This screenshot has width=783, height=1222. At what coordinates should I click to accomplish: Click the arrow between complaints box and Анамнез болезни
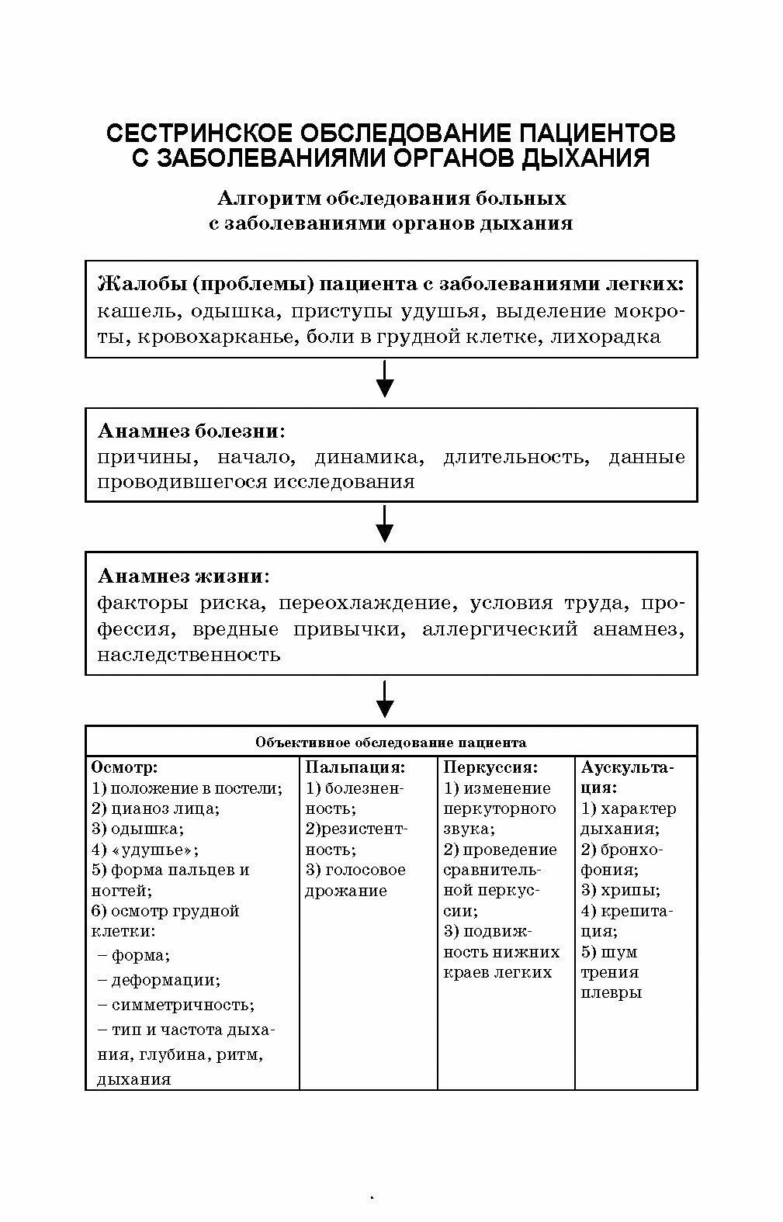click(384, 380)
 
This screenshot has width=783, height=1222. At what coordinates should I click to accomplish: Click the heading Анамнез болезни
click(190, 431)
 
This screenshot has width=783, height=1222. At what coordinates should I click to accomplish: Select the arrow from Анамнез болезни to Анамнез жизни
click(384, 525)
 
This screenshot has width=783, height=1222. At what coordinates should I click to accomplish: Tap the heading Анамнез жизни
click(182, 576)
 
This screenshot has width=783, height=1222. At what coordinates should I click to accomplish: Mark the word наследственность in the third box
click(189, 654)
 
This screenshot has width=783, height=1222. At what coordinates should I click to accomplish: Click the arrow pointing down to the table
click(384, 700)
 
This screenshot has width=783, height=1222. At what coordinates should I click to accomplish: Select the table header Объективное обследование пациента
click(391, 743)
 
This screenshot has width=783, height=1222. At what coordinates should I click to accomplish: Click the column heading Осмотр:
click(124, 767)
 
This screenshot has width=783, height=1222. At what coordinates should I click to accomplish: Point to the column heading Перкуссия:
click(490, 767)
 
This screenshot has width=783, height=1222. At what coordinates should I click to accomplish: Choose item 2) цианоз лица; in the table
click(155, 808)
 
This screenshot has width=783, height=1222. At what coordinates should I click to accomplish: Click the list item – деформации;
click(160, 980)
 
